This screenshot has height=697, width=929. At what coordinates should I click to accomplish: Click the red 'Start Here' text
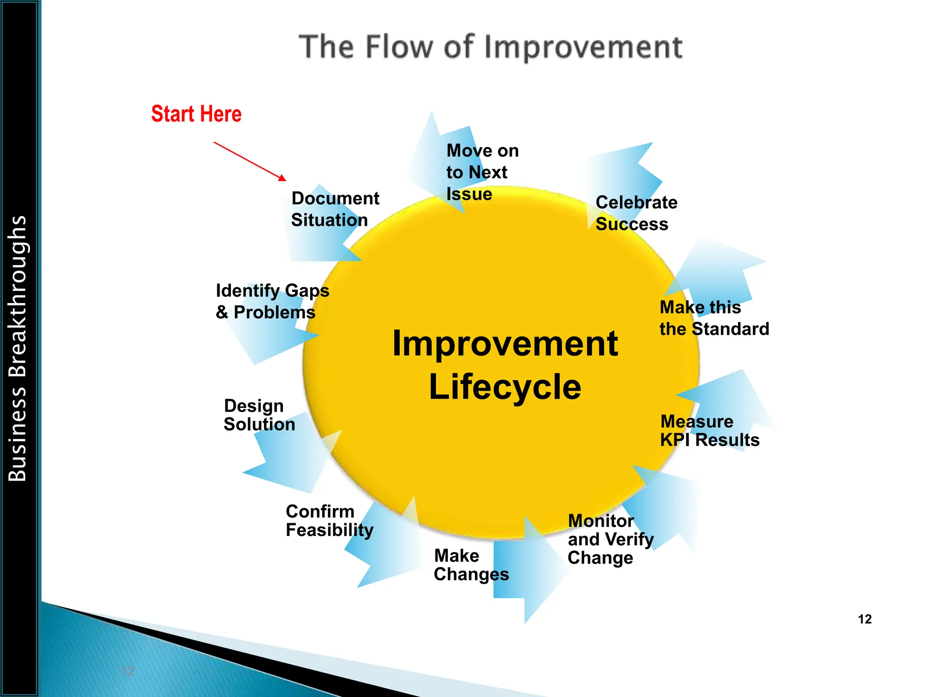pos(196,114)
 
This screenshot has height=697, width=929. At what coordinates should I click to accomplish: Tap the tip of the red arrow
pos(285,180)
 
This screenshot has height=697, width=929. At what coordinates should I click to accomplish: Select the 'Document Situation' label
pos(335,209)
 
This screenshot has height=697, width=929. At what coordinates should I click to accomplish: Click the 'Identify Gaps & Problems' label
pos(272,301)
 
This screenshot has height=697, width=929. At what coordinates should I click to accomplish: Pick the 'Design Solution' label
pos(259,415)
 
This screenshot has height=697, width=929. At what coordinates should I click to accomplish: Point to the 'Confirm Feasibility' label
pos(329,521)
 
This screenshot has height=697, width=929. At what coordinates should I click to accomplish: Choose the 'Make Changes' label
pos(471,565)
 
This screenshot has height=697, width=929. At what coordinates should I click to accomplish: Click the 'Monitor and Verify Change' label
pos(610,540)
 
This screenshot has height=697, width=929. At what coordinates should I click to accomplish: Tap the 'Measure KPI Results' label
pos(709,431)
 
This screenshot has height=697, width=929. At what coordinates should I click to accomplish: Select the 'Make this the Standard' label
pos(714,318)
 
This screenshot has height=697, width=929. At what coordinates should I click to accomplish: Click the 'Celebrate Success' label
pos(636,213)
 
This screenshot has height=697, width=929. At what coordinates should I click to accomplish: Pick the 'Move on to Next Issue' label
pos(482,172)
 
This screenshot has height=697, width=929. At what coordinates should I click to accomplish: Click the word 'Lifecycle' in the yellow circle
pos(505,387)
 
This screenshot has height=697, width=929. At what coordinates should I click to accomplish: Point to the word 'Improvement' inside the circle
pos(505,344)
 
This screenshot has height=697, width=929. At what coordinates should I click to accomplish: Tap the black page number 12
pos(865,619)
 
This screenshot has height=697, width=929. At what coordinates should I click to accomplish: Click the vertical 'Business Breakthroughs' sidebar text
pos(18,348)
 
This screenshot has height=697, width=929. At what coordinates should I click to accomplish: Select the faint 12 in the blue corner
pos(128,671)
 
